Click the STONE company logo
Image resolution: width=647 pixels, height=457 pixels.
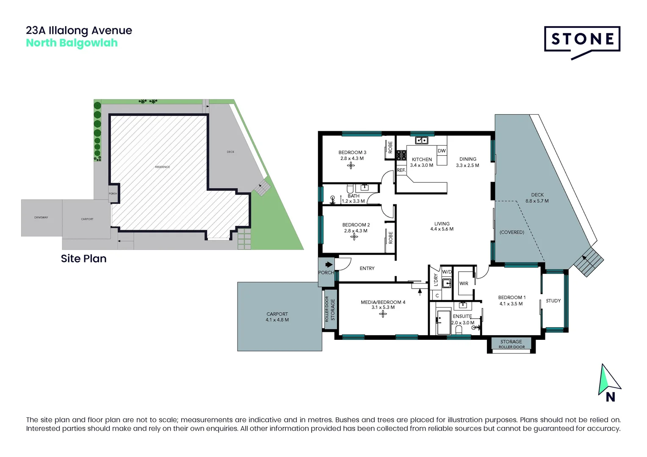(582, 41)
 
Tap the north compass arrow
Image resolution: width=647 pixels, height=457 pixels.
(608, 380)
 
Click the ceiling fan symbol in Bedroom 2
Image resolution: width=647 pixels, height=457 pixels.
(354, 237)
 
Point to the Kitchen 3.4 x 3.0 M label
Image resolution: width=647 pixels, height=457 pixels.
(422, 162)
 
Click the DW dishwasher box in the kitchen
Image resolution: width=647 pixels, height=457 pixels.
(442, 151)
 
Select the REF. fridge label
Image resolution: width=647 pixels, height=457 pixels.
(401, 170)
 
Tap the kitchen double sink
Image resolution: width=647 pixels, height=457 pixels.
(421, 140)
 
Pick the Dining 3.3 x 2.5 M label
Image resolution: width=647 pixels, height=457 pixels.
(467, 162)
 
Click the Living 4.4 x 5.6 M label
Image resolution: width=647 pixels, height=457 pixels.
(442, 226)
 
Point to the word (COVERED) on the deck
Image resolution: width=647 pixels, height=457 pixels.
(512, 232)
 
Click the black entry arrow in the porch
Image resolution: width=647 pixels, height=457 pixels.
(329, 265)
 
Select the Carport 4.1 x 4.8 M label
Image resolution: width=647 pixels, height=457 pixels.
(277, 317)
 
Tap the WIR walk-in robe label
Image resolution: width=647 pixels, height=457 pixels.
(464, 284)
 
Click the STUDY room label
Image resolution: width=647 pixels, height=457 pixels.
(553, 301)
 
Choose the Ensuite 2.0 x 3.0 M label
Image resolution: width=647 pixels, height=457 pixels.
(462, 319)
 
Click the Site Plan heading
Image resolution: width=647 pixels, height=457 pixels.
(83, 259)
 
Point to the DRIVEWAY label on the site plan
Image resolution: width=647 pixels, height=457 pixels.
(41, 217)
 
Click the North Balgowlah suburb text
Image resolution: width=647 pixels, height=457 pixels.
(72, 43)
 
